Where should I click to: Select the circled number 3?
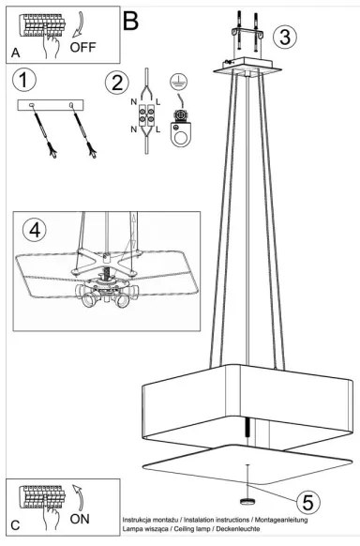tap(286, 37)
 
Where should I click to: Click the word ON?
tap(80, 517)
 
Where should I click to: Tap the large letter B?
tap(131, 18)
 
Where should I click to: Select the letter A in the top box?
tap(16, 53)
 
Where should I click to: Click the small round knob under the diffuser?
tap(248, 500)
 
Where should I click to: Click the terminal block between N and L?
tap(148, 118)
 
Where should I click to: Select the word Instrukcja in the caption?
tap(141, 519)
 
